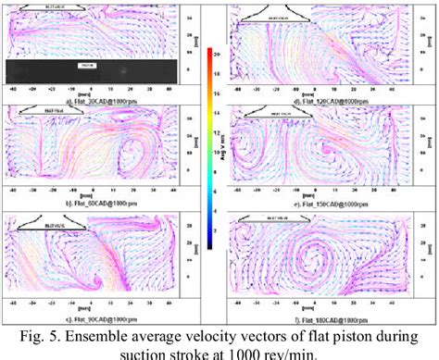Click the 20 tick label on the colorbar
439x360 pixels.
216,56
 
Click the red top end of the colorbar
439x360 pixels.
209,50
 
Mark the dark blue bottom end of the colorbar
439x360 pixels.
209,244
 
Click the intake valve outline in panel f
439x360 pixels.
279,220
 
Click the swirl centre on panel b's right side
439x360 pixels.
139,152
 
